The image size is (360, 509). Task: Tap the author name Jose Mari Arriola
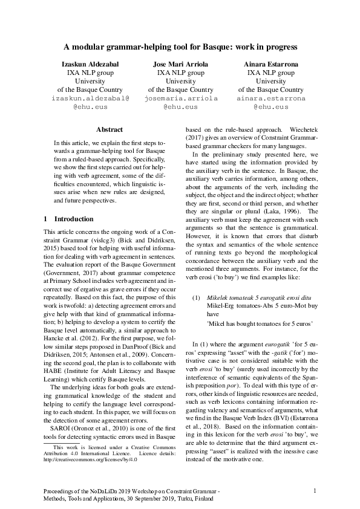[x=180, y=63]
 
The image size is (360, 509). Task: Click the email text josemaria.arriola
[x=180, y=98]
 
